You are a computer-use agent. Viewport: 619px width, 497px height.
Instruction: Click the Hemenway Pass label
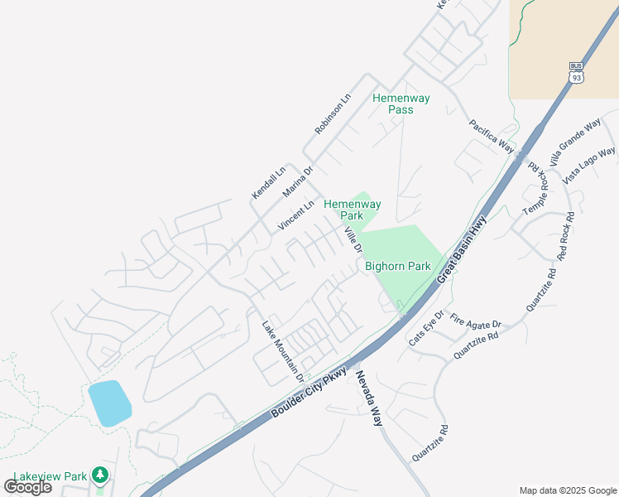point(401,104)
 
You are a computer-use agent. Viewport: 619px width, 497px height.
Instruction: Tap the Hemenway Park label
point(353,210)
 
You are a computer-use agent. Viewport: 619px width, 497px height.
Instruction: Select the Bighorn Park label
point(398,267)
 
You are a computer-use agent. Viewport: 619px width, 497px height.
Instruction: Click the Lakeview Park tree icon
point(100,475)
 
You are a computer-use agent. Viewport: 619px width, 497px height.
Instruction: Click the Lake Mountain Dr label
point(281,351)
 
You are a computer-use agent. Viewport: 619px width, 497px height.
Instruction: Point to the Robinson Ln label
point(333,114)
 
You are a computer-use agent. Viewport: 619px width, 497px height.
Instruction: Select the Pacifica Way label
point(492,136)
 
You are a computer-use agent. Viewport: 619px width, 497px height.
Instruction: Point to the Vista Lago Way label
point(589,166)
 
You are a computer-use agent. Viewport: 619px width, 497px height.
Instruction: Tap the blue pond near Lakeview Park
point(109,403)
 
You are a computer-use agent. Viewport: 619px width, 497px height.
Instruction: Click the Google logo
point(27,487)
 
